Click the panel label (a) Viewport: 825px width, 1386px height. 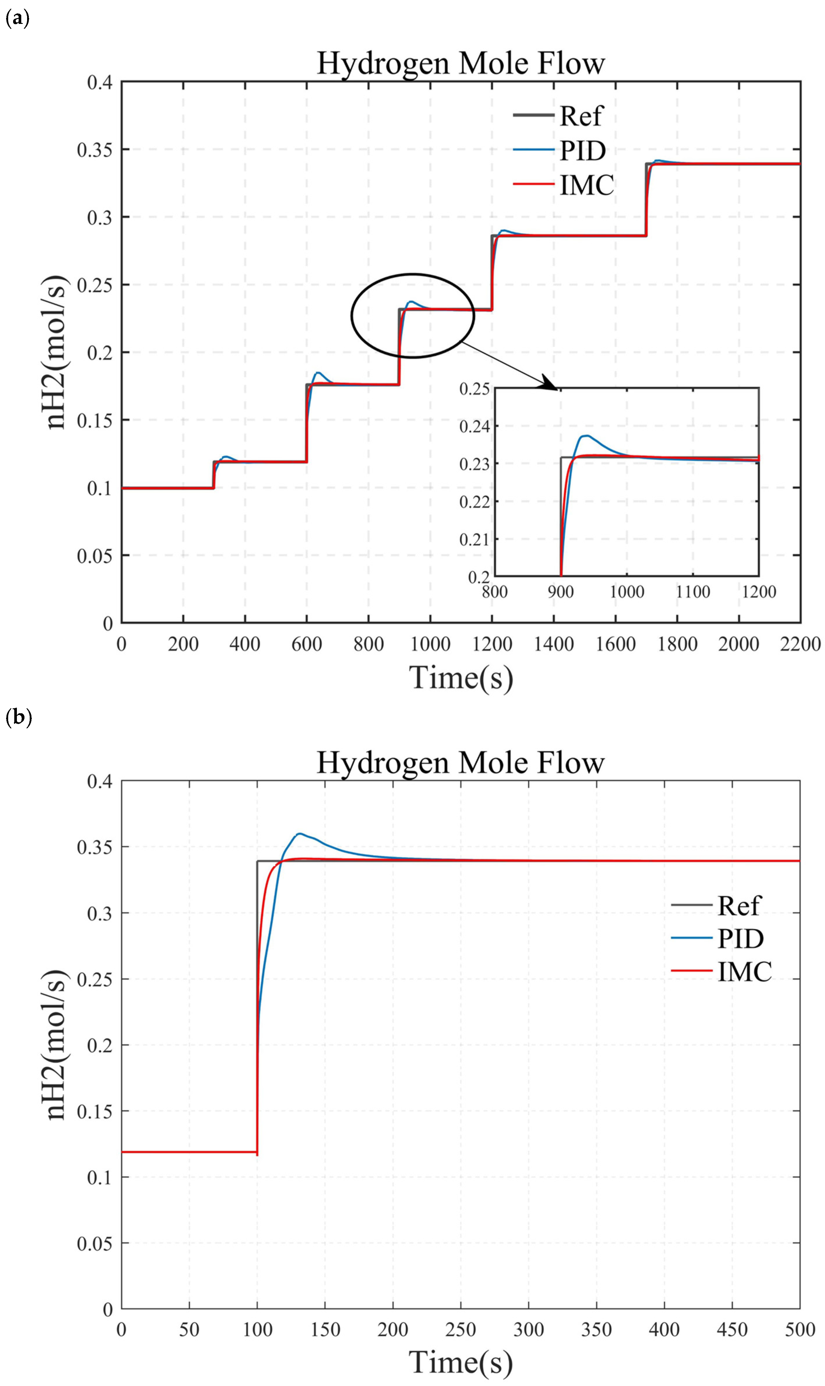coord(17,20)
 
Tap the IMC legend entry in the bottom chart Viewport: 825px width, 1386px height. coord(744,971)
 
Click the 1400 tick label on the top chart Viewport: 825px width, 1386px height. coord(554,644)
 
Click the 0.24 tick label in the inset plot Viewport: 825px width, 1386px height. coord(474,427)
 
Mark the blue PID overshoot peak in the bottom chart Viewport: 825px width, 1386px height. coord(300,833)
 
